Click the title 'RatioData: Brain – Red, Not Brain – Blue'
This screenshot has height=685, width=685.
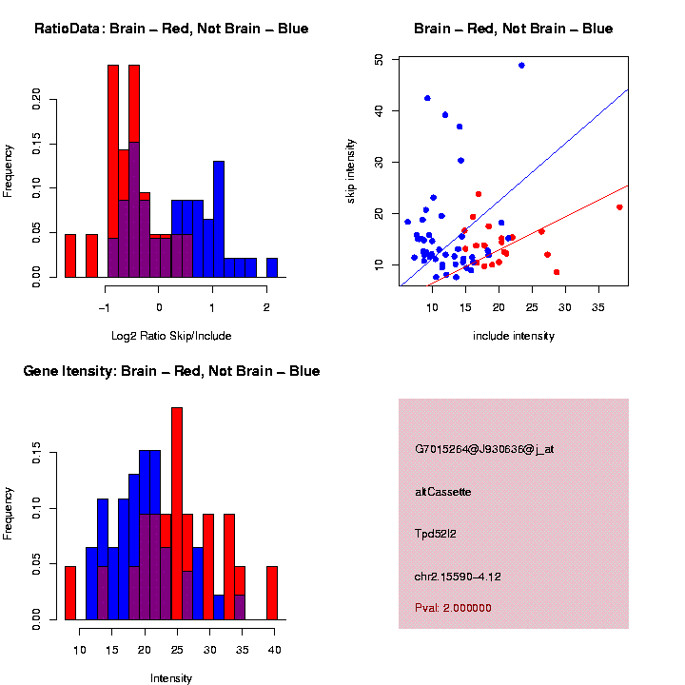click(x=171, y=29)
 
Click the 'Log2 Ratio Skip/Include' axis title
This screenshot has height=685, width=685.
click(x=171, y=336)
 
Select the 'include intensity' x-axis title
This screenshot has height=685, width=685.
click(x=513, y=336)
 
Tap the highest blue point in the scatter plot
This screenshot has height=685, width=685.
click(x=521, y=65)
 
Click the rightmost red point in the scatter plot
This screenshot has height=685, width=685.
click(x=619, y=207)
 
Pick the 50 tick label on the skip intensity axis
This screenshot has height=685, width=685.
click(x=379, y=59)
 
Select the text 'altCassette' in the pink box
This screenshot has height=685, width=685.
click(x=443, y=492)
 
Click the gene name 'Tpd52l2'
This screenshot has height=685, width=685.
click(x=436, y=534)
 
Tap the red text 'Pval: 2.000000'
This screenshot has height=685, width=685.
click(x=453, y=608)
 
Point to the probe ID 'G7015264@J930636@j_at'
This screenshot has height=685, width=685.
click(x=484, y=449)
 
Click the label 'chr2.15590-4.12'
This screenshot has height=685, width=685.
click(x=458, y=577)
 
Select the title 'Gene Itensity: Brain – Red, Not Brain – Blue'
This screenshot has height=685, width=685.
click(x=171, y=371)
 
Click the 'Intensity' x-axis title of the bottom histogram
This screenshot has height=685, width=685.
click(x=171, y=678)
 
